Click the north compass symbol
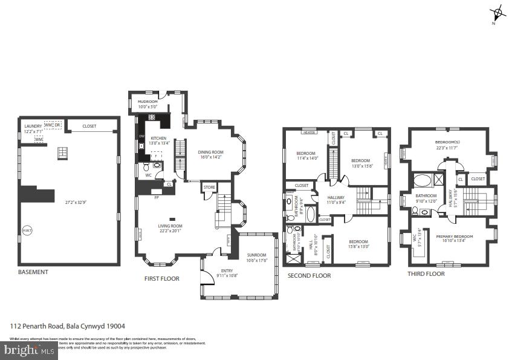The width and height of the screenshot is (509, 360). tap(497, 13)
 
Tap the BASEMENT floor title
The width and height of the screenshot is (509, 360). tap(33, 272)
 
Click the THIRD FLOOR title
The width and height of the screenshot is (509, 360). tap(426, 273)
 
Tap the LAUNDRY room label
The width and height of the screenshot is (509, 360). tap(33, 126)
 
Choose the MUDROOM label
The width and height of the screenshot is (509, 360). tap(148, 102)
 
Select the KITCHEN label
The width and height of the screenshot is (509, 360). tap(158, 139)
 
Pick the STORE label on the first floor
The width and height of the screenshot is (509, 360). tap(209, 188)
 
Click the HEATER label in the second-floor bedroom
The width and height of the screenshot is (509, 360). tap(310, 131)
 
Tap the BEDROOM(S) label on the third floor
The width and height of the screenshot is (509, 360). tap(448, 143)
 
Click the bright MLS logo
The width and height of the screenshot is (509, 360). tap(28, 349)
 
